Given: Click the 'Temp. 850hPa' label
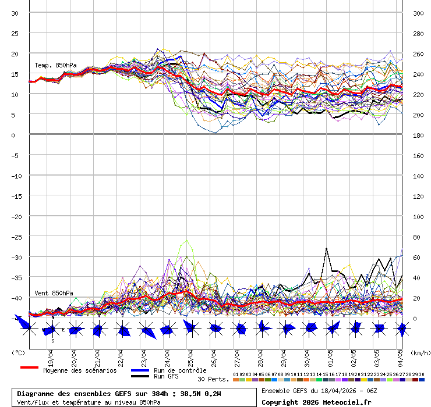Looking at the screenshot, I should tap(55, 65).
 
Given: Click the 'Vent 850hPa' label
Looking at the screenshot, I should tap(54, 293).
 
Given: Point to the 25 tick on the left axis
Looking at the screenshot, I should tap(15, 33).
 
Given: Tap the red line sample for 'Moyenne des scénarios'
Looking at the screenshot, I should tap(29, 367).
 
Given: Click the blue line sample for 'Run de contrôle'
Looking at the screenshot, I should tap(140, 370).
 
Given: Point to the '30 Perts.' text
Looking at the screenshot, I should tap(213, 379).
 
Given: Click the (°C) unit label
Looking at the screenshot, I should tap(19, 352).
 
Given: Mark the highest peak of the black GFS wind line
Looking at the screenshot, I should tap(327, 248).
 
